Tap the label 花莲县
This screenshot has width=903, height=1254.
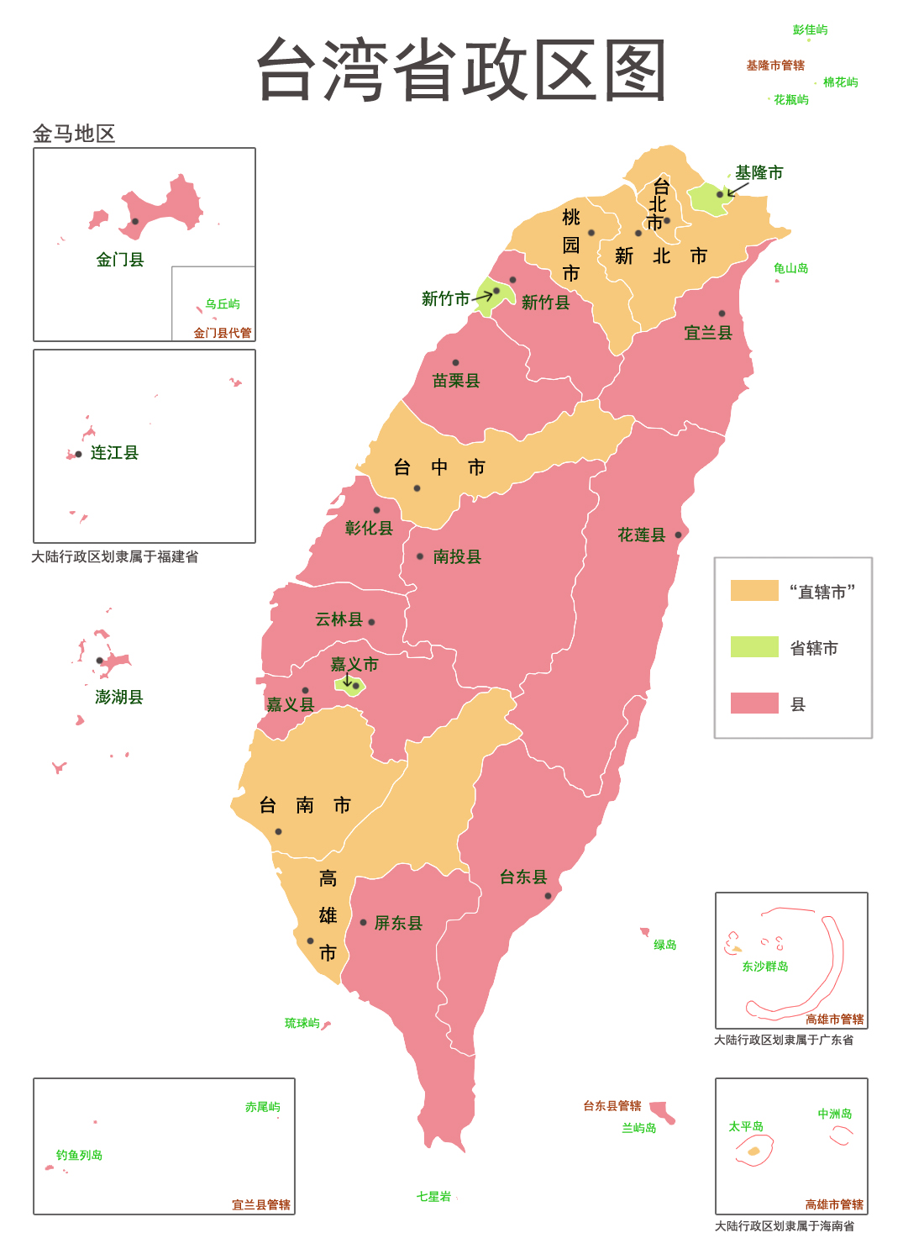(x=641, y=535)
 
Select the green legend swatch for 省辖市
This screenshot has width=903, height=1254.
(x=753, y=647)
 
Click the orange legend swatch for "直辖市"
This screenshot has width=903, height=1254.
(x=753, y=591)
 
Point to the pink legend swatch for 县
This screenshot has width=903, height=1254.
(x=753, y=703)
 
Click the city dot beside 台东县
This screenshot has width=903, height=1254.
(x=548, y=896)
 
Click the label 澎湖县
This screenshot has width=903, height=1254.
(x=118, y=697)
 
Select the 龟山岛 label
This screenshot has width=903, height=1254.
(x=790, y=269)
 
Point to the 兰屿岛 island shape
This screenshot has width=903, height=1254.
(x=663, y=1112)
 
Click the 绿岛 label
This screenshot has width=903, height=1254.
(x=664, y=946)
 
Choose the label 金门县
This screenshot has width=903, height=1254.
(x=119, y=260)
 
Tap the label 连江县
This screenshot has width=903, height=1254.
(x=114, y=453)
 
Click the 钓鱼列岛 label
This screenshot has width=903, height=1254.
(x=79, y=1156)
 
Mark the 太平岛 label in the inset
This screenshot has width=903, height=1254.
(x=746, y=1127)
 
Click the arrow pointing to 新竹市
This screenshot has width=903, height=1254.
(x=483, y=296)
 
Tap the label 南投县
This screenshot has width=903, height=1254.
(x=457, y=556)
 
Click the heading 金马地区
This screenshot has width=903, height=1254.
(x=73, y=134)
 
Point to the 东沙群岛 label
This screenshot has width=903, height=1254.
(x=764, y=967)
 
